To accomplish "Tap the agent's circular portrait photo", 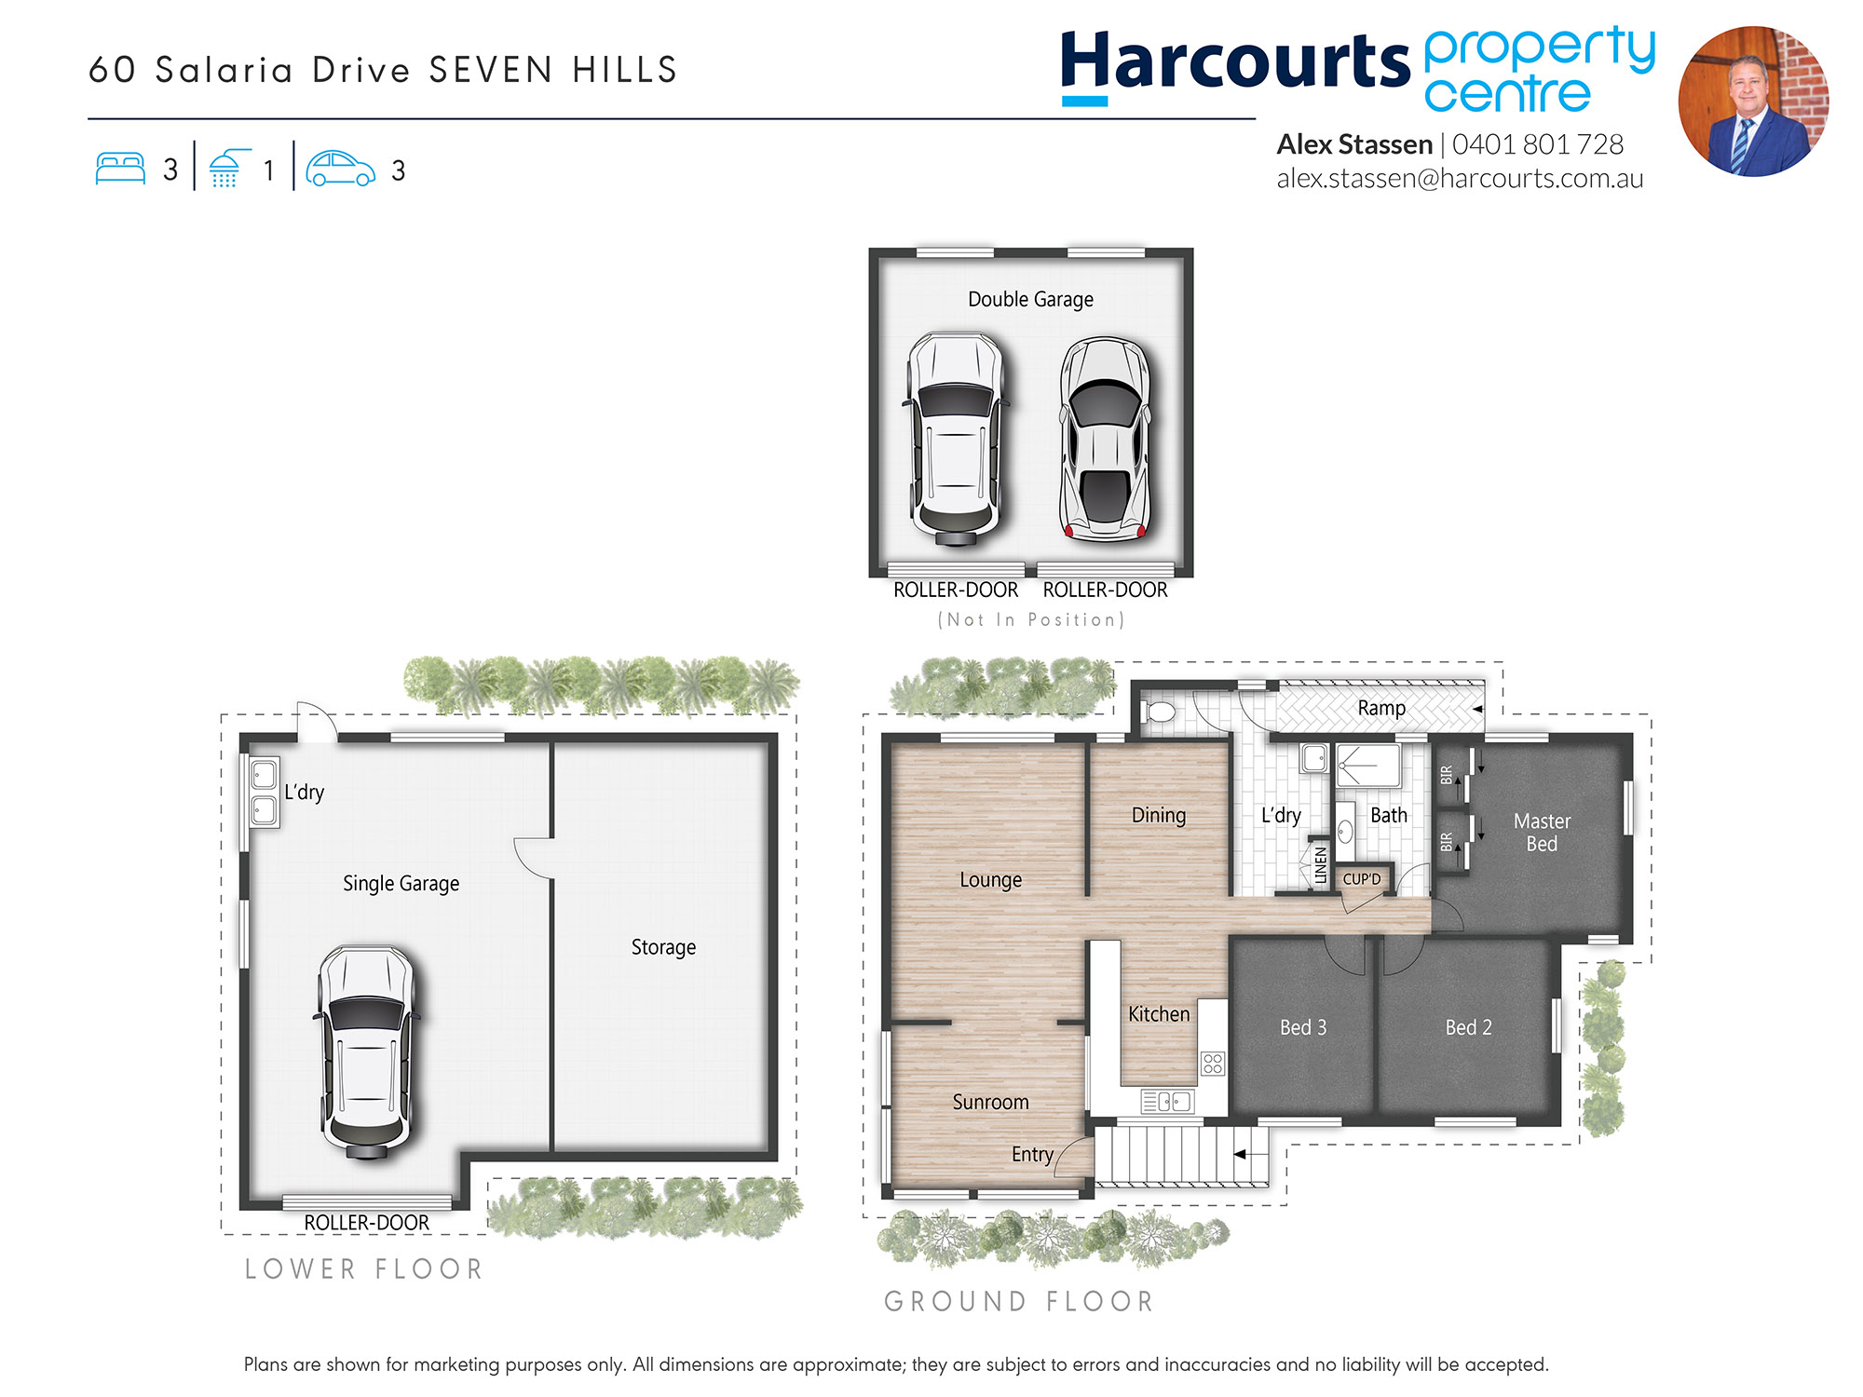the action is tap(1753, 102).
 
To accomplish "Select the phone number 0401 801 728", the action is tap(1538, 144).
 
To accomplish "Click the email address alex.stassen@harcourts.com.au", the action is tap(1460, 179).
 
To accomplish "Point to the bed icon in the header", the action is tap(120, 169).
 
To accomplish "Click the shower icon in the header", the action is tap(226, 169).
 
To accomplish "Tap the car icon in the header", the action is tap(340, 169).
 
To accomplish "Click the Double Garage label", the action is tap(1030, 300).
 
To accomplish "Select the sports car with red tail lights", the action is tap(1106, 439).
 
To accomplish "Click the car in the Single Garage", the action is tap(366, 1051).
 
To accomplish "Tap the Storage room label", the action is tap(663, 947).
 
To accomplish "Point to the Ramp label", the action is tap(1381, 708).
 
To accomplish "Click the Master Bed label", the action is tap(1542, 833).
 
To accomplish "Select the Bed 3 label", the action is tap(1303, 1027).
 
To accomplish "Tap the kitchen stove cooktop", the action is tap(1212, 1063).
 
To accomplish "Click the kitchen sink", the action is tap(1166, 1102).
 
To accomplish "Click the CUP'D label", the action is tap(1361, 879).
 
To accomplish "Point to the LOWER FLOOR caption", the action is tap(363, 1269).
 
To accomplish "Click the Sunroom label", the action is tap(990, 1102).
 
